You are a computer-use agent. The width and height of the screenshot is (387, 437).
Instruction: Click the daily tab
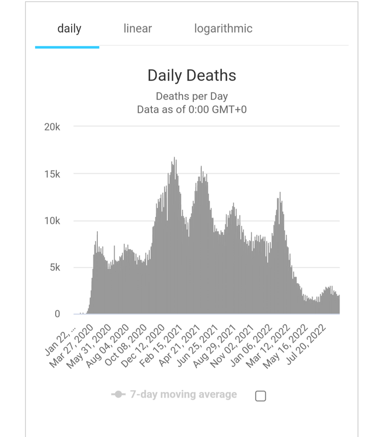(69, 28)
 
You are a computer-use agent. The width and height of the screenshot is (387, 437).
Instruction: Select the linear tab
(138, 28)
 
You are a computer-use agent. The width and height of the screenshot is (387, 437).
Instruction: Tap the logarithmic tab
(223, 28)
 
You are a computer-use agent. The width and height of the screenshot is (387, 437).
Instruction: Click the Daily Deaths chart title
(192, 75)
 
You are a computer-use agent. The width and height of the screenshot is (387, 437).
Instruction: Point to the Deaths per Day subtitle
(192, 97)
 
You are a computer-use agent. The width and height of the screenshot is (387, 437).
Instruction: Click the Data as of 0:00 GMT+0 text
(192, 110)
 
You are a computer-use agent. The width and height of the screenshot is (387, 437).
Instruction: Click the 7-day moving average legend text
(183, 394)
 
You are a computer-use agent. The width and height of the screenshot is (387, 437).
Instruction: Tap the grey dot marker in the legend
(118, 394)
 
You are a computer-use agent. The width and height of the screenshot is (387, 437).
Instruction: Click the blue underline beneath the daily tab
(67, 47)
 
